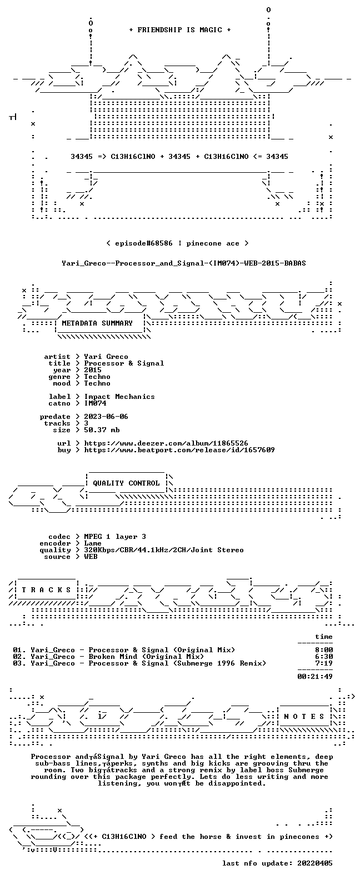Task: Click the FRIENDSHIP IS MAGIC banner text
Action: tap(179, 30)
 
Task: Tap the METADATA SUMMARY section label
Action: tap(97, 323)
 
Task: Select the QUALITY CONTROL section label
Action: tap(126, 483)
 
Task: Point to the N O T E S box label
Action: tap(304, 717)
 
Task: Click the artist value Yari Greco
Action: tap(106, 357)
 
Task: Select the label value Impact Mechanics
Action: tap(119, 397)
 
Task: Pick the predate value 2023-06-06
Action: tap(106, 417)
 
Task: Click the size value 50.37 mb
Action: tap(102, 430)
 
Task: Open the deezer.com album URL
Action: tap(166, 443)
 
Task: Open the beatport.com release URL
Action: tap(179, 450)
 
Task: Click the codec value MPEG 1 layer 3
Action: tap(115, 537)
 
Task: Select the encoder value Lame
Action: tap(93, 543)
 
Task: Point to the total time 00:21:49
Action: tap(315, 677)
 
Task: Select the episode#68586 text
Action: tap(143, 243)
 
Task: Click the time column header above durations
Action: tap(323, 637)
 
